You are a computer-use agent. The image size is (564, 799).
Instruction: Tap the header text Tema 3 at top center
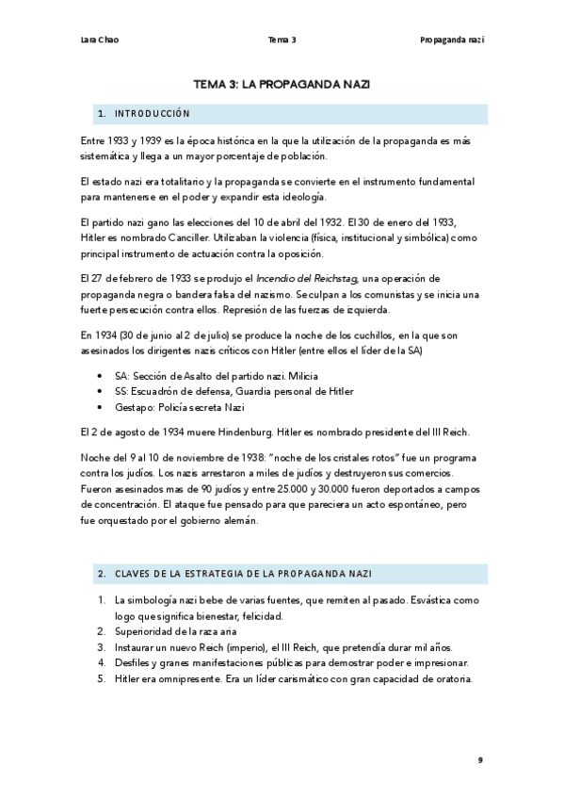pos(282,40)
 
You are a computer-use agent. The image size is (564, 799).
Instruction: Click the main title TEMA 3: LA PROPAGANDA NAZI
pos(282,84)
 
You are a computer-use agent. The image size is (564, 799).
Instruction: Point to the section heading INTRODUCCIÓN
pos(152,114)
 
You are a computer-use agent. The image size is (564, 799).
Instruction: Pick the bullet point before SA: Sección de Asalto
pos(101,377)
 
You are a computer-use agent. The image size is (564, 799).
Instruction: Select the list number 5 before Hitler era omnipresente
pos(101,679)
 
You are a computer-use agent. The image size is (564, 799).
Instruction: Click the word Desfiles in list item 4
pos(133,663)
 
